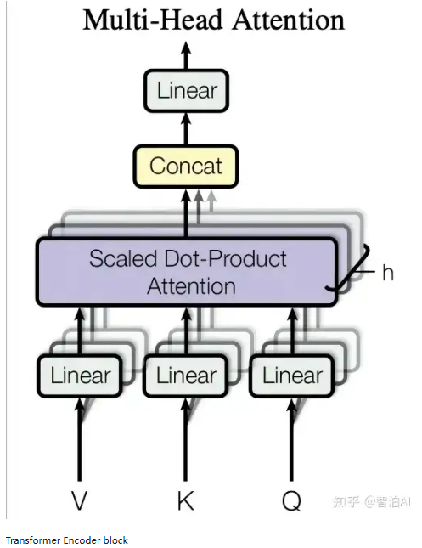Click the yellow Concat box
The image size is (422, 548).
(x=186, y=166)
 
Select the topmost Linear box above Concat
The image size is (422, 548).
(x=186, y=91)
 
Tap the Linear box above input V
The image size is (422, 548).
(x=80, y=376)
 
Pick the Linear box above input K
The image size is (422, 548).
(x=186, y=376)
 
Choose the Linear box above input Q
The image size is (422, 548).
(x=292, y=376)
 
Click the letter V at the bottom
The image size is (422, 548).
(x=79, y=500)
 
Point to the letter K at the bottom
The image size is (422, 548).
(x=185, y=500)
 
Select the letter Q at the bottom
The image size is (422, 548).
(x=291, y=501)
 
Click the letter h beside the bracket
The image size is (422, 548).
(x=388, y=272)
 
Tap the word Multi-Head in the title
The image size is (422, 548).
(x=153, y=20)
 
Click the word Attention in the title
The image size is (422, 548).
(x=289, y=20)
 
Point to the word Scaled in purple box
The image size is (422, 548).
(x=123, y=259)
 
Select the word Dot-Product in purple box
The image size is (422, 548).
(x=225, y=259)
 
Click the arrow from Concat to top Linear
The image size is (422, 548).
(x=186, y=128)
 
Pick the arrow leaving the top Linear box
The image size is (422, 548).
(x=186, y=55)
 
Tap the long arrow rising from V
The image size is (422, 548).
(x=80, y=439)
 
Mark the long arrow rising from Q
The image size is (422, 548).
(x=292, y=439)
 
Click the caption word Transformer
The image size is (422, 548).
(x=33, y=540)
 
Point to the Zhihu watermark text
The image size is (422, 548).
(x=372, y=502)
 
